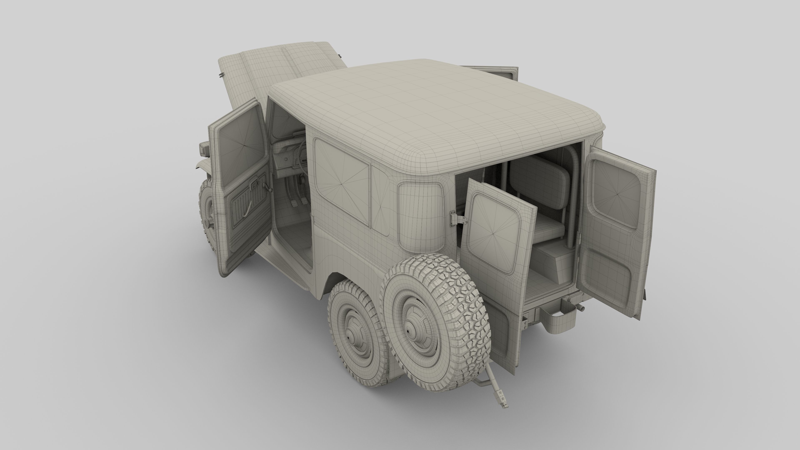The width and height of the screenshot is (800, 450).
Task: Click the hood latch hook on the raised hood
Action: coord(221,75)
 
